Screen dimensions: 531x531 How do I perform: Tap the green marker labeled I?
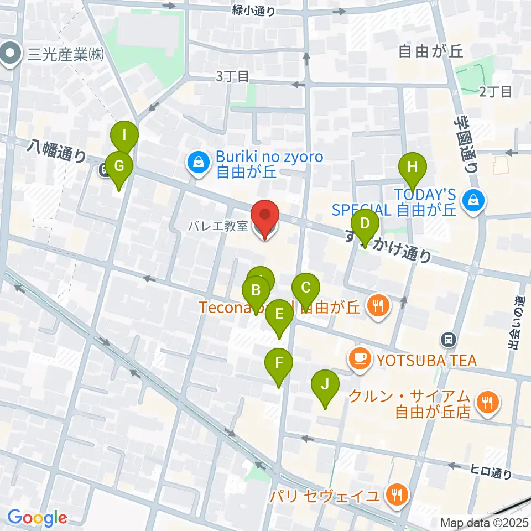coord(124,135)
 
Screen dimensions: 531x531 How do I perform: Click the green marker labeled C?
coord(306,288)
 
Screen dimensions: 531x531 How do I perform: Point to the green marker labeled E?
coord(279,315)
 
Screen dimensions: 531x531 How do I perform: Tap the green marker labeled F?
coord(279,363)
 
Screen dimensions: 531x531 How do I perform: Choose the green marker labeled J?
coord(325,383)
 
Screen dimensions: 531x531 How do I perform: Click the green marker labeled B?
coord(256,290)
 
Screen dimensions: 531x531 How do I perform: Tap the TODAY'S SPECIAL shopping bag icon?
coord(475,200)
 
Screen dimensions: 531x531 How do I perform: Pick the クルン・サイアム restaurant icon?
coord(487,402)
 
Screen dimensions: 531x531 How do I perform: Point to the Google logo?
coord(37,518)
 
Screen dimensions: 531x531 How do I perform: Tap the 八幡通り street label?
coord(55,151)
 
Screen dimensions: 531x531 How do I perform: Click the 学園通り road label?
coord(465,145)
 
